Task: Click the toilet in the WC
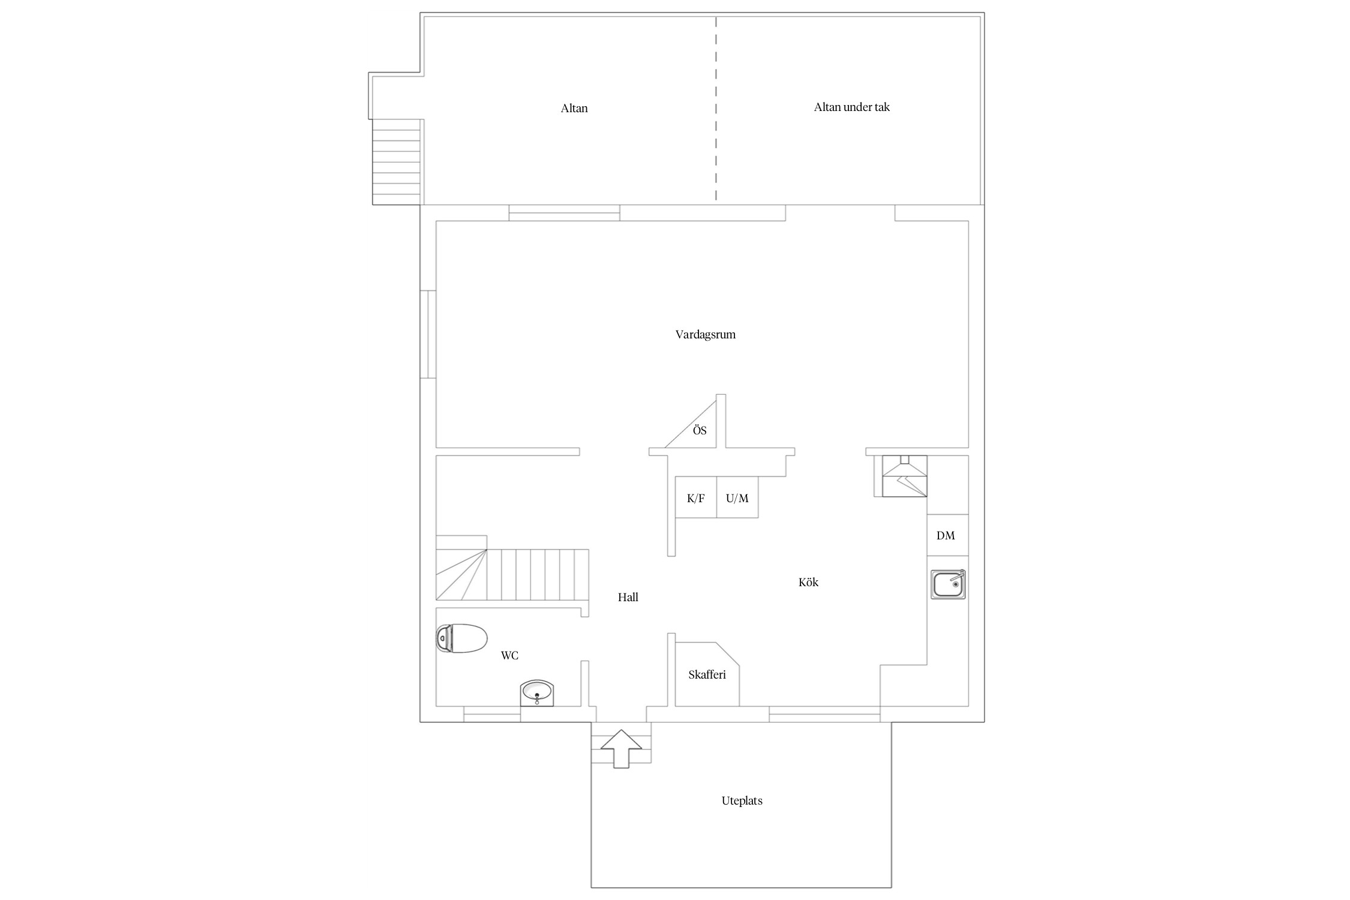click(x=461, y=638)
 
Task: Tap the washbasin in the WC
click(x=537, y=693)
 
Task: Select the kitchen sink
click(x=948, y=584)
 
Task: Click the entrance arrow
click(x=622, y=749)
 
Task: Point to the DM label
click(x=946, y=535)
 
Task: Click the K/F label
click(x=696, y=498)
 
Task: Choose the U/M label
click(x=737, y=498)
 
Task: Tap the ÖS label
click(x=700, y=430)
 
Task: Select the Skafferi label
click(x=707, y=674)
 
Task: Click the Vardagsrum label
click(x=706, y=335)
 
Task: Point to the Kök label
click(x=808, y=582)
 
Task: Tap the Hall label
click(x=628, y=597)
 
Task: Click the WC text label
click(x=509, y=656)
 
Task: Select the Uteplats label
click(x=742, y=800)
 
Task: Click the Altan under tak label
click(x=851, y=107)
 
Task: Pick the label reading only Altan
click(x=574, y=109)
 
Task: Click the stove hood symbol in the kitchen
click(x=904, y=476)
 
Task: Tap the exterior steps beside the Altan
click(x=397, y=162)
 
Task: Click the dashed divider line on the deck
click(x=716, y=109)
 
